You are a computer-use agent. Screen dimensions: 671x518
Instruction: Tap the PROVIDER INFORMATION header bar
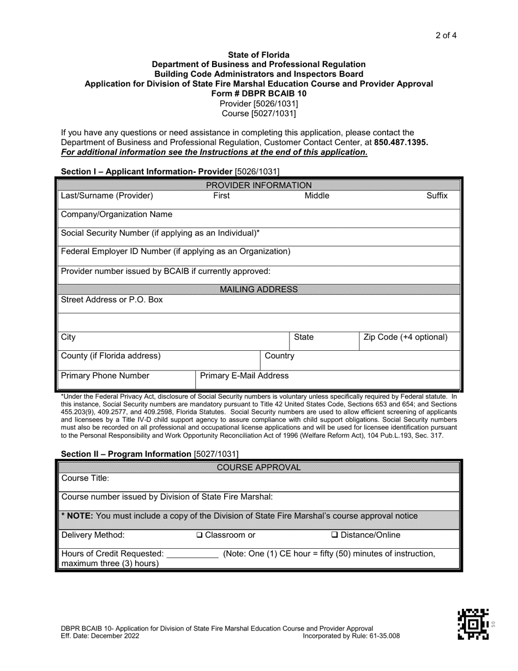coord(258,185)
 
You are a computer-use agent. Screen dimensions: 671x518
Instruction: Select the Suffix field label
coord(437,196)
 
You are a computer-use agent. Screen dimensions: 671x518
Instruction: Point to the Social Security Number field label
coord(160,233)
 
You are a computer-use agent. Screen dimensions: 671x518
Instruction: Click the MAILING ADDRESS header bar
coord(258,289)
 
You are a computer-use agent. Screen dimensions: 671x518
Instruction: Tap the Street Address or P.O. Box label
coord(112,300)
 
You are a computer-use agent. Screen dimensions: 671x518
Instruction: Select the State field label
coord(304,338)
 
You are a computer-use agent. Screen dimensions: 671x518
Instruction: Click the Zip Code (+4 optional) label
coord(405,338)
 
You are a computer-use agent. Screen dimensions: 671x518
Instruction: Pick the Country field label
coord(279,356)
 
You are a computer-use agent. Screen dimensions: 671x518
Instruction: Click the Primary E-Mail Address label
coord(245,376)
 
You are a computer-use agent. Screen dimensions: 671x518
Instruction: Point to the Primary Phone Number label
coord(105,376)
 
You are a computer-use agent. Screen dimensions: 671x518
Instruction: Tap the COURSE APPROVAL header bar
coord(258,468)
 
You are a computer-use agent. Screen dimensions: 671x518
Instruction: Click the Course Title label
coord(85,478)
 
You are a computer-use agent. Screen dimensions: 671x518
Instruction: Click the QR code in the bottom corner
coord(473,624)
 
